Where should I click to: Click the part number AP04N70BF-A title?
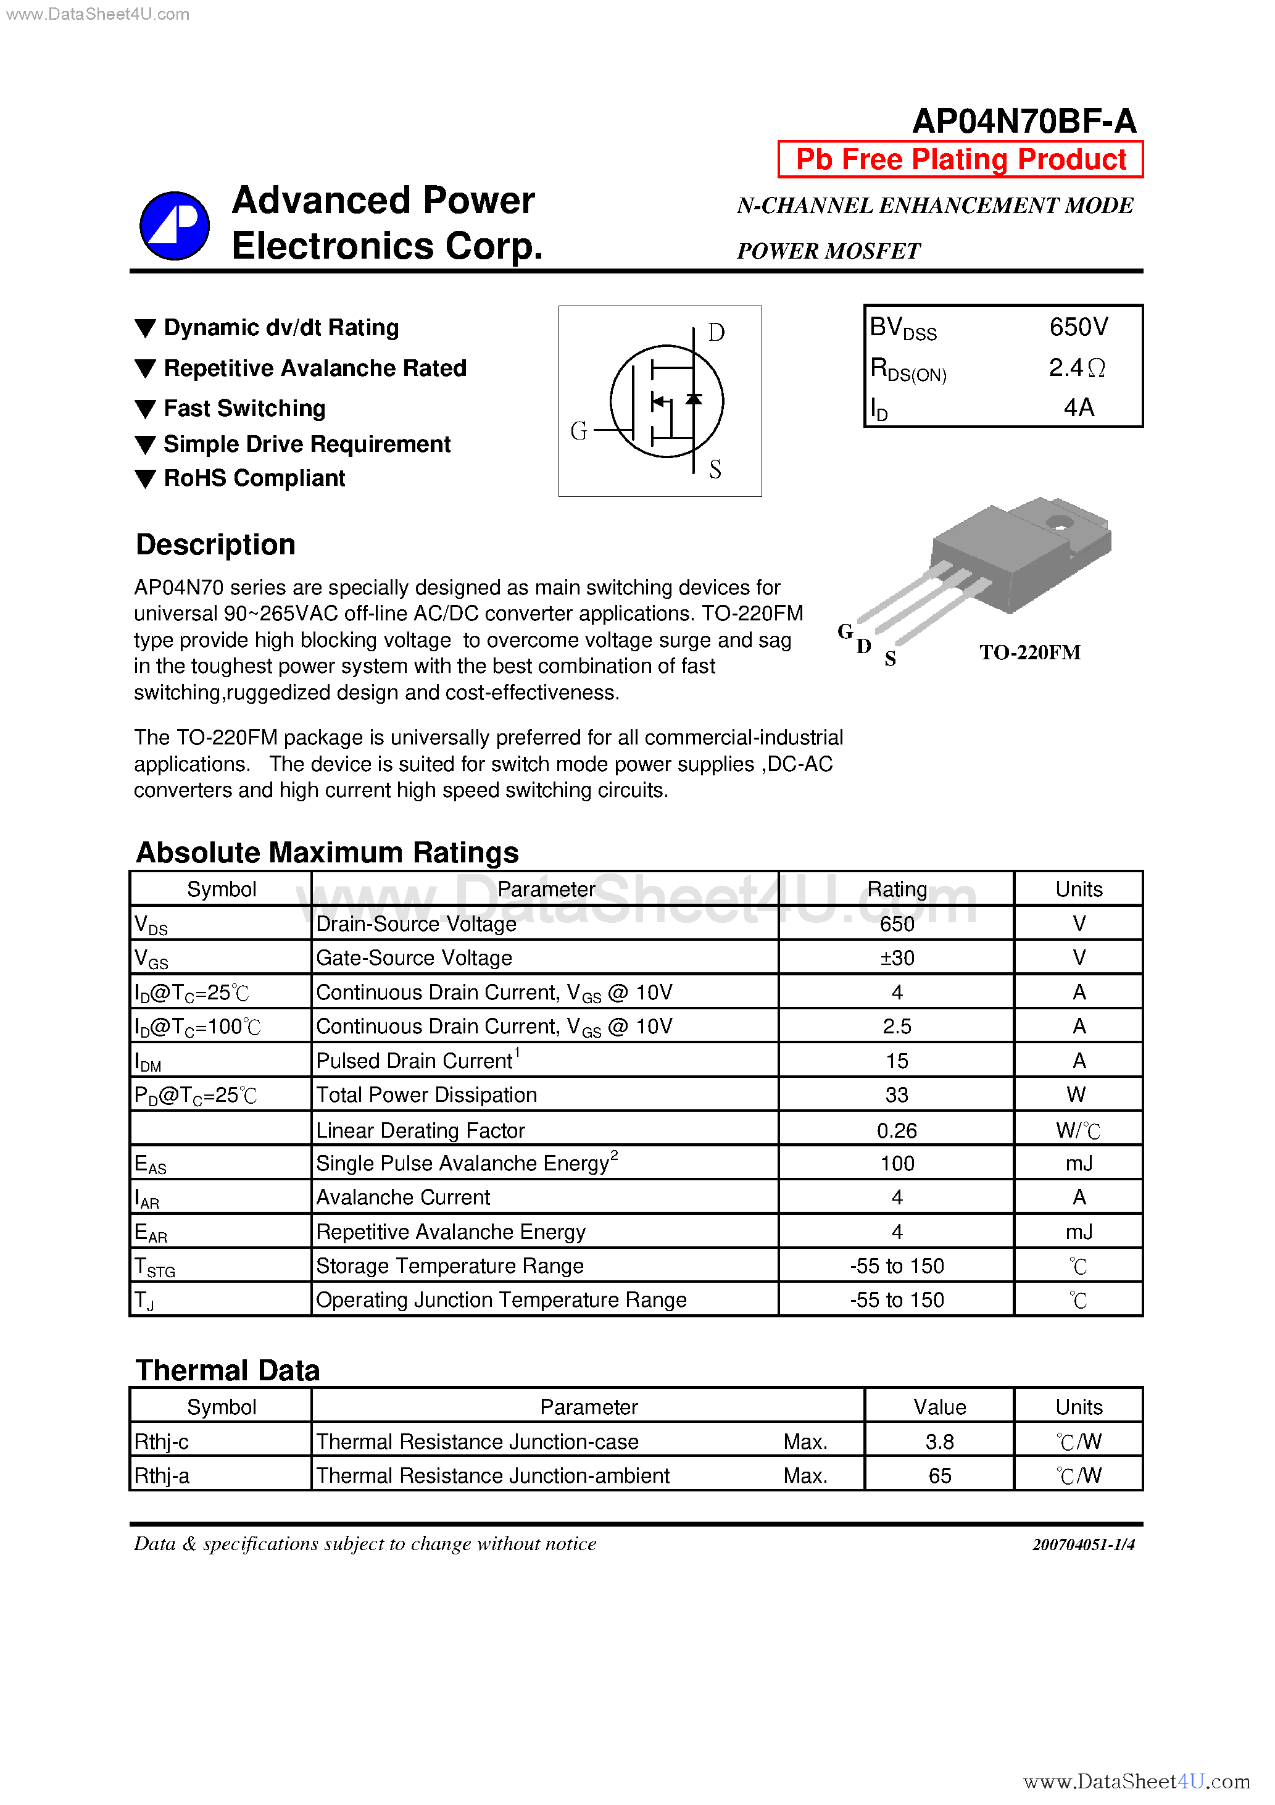click(1023, 121)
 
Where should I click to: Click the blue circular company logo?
click(175, 226)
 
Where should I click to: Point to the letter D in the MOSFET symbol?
click(715, 333)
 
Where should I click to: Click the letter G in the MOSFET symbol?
click(578, 431)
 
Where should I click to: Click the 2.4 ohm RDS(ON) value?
click(1076, 368)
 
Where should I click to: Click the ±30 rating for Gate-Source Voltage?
click(896, 958)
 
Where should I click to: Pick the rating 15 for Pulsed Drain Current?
click(896, 1061)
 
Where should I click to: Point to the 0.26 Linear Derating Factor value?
click(896, 1130)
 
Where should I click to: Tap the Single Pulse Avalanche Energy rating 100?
click(896, 1164)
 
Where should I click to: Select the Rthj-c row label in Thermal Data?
click(162, 1442)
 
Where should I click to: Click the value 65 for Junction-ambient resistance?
click(939, 1475)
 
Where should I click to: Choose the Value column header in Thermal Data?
click(939, 1407)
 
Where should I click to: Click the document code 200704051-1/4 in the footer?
click(1082, 1544)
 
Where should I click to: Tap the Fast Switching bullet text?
click(244, 409)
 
